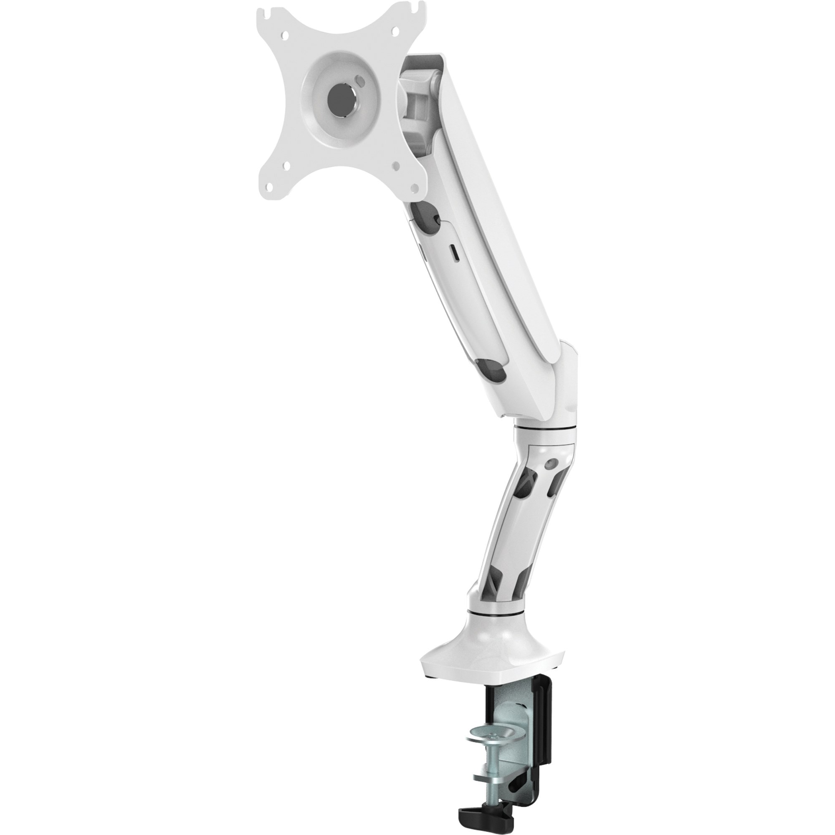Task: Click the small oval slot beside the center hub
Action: [x=359, y=80]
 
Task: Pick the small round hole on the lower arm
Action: [x=549, y=465]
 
